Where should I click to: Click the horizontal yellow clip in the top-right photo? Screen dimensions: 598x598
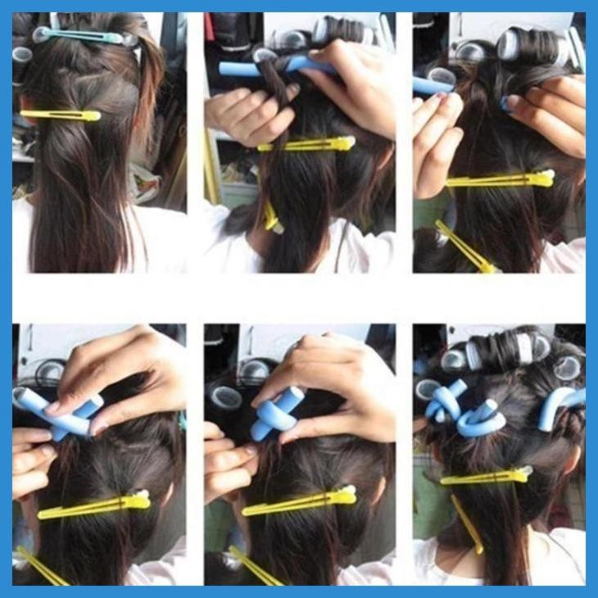[x=500, y=179]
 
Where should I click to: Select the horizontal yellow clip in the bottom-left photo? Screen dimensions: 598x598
[x=94, y=507]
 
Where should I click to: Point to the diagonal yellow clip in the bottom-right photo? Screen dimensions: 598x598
[x=467, y=524]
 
